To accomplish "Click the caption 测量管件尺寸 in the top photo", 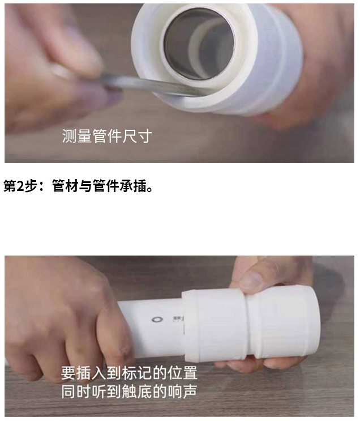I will click(x=106, y=137).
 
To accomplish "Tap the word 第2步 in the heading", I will click(x=24, y=186).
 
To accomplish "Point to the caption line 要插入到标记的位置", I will click(x=129, y=375).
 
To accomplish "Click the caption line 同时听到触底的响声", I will click(x=129, y=392).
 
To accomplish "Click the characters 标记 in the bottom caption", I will click(x=135, y=375).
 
